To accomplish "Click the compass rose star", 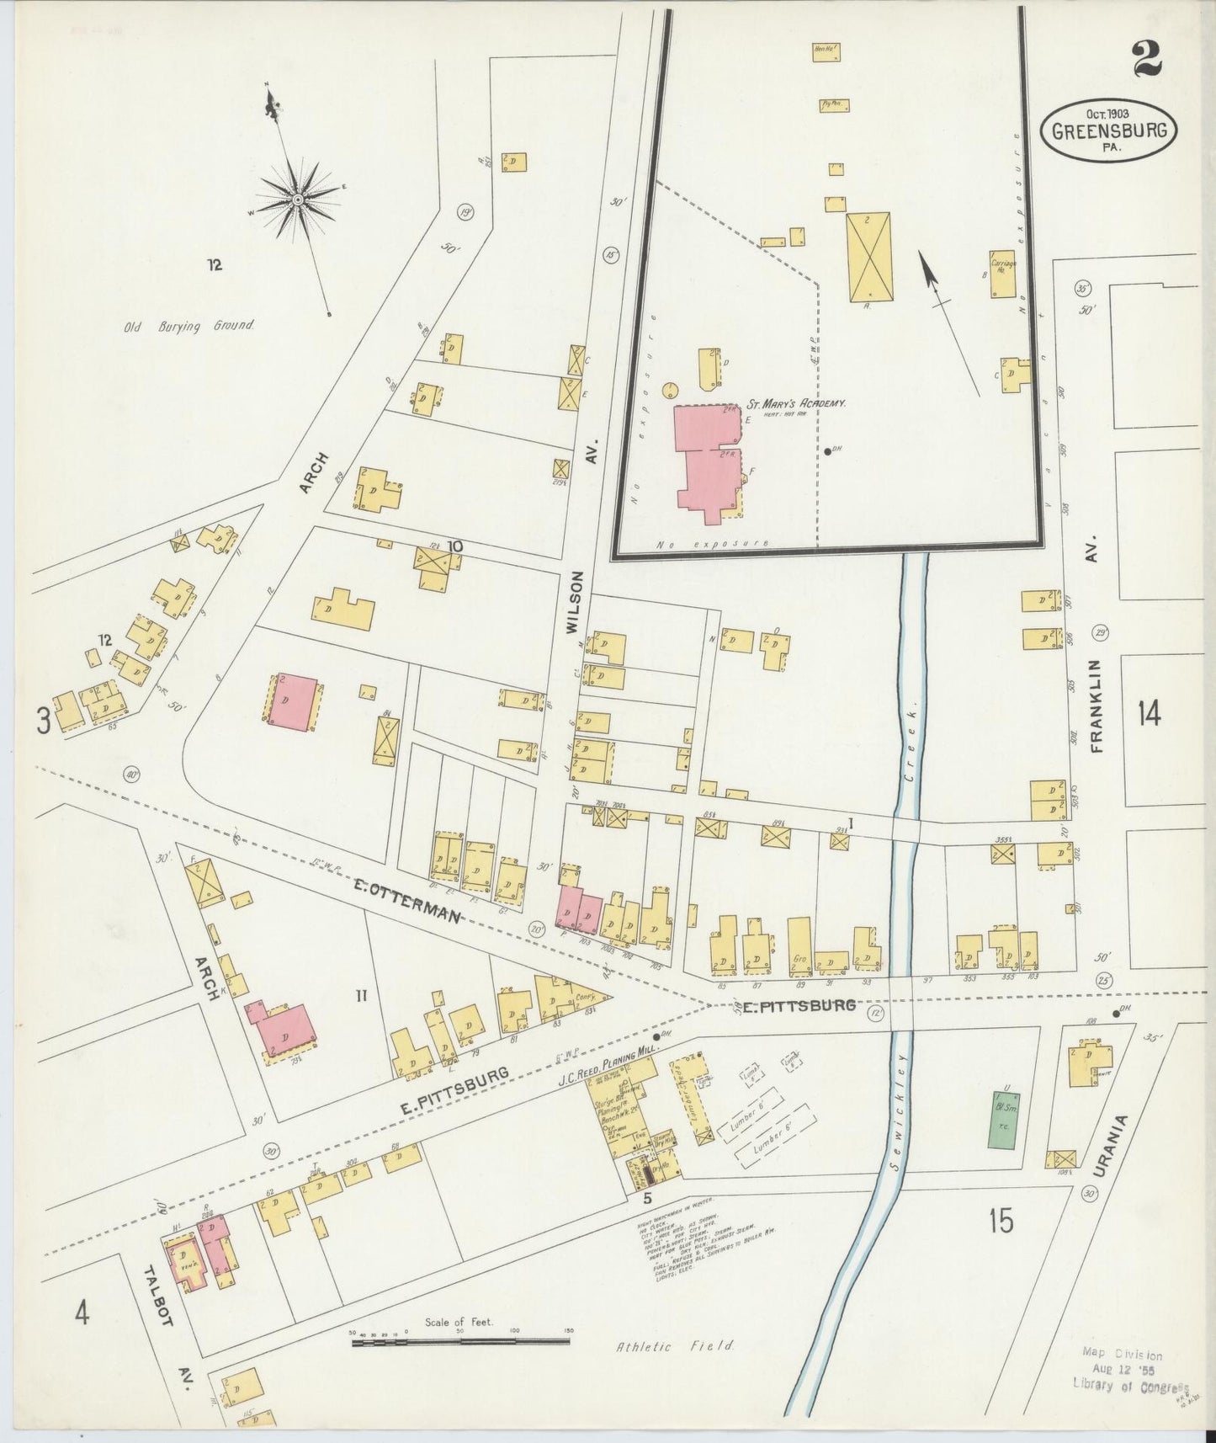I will pos(298,200).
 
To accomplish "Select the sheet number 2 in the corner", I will pos(1146,60).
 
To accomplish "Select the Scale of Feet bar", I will pos(460,1335).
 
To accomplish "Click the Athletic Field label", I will pos(675,1346).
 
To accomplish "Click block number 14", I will pos(1149,714).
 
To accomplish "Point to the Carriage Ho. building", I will pos(1002,274).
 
